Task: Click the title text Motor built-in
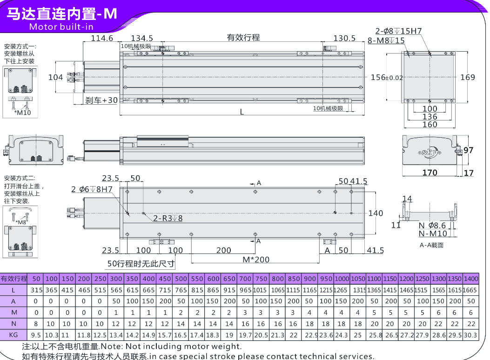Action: click(x=61, y=27)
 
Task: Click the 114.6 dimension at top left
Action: click(x=102, y=38)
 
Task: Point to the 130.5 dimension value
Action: click(x=344, y=38)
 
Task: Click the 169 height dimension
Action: click(x=467, y=77)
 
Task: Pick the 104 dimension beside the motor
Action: click(x=55, y=77)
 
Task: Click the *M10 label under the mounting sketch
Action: click(x=22, y=113)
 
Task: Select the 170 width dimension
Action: click(x=430, y=173)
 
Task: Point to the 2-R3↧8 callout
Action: click(x=168, y=218)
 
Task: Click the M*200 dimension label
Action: click(x=256, y=259)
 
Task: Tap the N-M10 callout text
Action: click(x=433, y=234)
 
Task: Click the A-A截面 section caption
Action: click(x=431, y=245)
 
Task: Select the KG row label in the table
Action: click(x=13, y=334)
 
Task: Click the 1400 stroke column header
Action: click(x=471, y=279)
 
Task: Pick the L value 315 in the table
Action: click(x=36, y=290)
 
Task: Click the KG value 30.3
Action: click(x=471, y=334)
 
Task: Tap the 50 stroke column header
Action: click(x=36, y=279)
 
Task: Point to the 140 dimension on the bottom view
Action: click(x=376, y=213)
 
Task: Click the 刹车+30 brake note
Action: click(x=101, y=100)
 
